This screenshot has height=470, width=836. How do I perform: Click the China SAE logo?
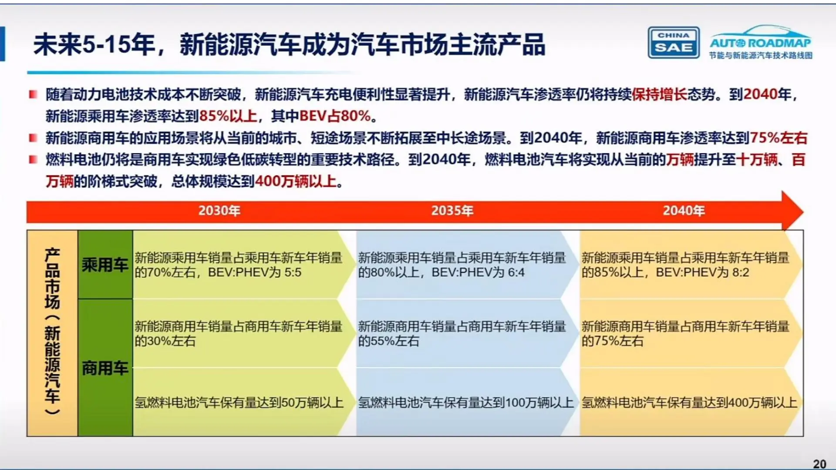coord(673,43)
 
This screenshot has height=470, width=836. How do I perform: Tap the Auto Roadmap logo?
coord(760,43)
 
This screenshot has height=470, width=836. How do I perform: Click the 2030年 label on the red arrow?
coord(219,211)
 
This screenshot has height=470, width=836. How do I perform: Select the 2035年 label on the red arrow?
coord(452,211)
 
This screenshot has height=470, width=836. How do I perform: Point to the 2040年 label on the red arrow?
coord(684,211)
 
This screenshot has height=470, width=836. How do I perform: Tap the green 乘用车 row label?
coord(105,265)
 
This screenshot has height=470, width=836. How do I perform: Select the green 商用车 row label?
coord(105,368)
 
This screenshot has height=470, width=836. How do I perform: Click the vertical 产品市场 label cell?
coord(52,333)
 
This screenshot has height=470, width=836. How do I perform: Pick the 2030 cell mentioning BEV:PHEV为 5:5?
coord(239,265)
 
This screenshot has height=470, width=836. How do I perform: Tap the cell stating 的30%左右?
coord(239,333)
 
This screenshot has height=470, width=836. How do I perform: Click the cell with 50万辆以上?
coord(239,403)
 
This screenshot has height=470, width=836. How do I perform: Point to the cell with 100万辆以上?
coord(465,403)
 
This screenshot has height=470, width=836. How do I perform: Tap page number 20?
coord(819,464)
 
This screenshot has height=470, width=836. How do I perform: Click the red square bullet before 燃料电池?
coord(33,160)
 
